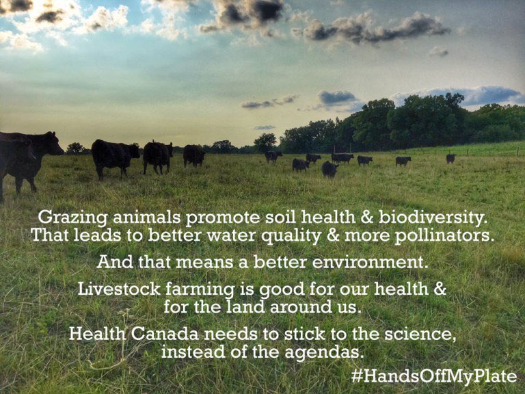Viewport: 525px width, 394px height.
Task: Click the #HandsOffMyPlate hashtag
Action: click(x=434, y=376)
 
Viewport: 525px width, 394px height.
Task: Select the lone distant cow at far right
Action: click(x=450, y=158)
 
